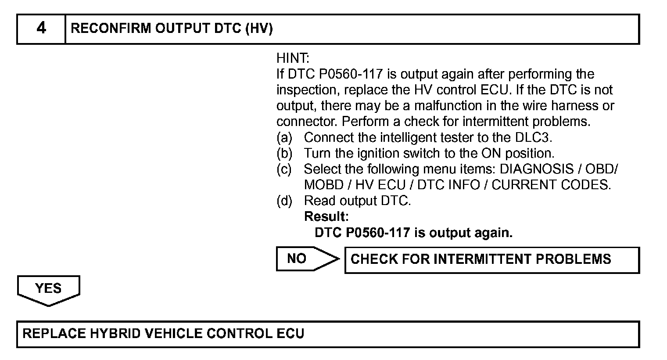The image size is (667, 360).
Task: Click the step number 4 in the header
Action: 41,29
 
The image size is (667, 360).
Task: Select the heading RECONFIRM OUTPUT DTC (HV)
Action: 172,29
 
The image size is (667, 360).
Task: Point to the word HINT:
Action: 293,58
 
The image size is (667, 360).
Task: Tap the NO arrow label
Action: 297,259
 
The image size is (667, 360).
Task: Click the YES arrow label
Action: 48,288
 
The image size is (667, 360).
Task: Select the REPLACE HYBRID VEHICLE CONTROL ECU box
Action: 328,334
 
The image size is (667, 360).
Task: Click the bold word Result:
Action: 326,216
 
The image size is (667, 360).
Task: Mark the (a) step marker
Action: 284,137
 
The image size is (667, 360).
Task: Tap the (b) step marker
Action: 284,153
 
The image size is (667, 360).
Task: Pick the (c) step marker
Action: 284,169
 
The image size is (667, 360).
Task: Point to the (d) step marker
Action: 284,201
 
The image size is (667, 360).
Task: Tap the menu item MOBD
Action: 322,185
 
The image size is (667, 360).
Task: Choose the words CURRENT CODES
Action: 551,185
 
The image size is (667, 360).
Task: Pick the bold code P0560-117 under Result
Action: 378,232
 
